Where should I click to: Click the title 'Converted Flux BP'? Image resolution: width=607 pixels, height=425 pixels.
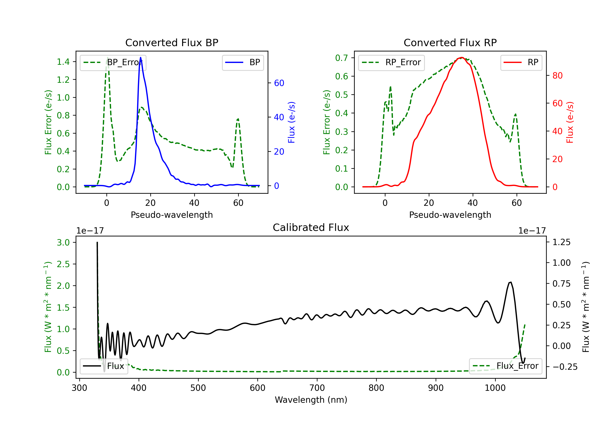(x=172, y=42)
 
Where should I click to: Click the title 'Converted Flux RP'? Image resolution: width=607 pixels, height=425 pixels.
(x=450, y=42)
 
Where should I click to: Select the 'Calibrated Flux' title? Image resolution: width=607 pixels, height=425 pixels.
(x=311, y=227)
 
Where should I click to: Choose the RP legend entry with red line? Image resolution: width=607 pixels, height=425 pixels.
(x=521, y=62)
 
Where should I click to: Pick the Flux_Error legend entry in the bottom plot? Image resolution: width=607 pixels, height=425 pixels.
(x=505, y=366)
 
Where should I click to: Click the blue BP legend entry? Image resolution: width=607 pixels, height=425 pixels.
(x=243, y=62)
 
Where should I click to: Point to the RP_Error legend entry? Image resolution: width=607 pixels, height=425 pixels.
(x=391, y=62)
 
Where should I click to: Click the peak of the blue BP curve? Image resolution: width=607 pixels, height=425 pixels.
(x=140, y=57)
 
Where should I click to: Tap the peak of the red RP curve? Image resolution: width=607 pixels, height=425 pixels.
(x=461, y=57)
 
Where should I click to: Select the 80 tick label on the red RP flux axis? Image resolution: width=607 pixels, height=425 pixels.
(x=557, y=76)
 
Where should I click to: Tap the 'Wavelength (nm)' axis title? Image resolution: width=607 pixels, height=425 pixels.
(x=311, y=400)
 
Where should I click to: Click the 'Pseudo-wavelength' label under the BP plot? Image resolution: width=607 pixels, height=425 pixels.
(x=172, y=215)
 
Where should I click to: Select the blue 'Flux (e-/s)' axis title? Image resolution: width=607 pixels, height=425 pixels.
(x=291, y=122)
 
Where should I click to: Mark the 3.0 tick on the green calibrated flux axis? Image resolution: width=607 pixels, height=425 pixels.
(x=63, y=242)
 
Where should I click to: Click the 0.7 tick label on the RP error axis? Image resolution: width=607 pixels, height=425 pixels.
(x=342, y=58)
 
